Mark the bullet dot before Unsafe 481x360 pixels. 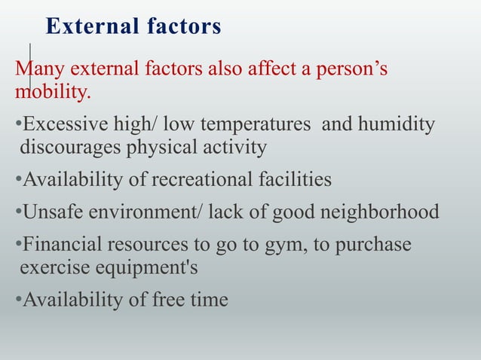18,212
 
